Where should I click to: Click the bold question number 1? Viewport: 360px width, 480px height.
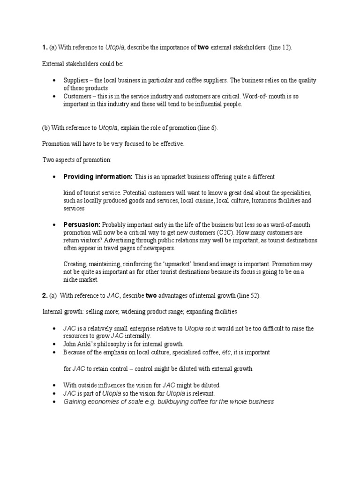45,48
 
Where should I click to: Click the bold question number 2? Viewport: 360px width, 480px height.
45,296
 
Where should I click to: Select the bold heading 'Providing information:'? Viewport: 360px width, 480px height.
98,177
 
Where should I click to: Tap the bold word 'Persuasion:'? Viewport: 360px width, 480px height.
82,225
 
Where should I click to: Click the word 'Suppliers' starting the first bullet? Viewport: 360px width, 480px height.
76,80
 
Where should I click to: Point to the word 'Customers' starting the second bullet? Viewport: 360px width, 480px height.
77,96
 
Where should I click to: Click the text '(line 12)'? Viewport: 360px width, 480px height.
280,48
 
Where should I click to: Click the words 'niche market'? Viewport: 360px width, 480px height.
81,280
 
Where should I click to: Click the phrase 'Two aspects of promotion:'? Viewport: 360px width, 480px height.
77,160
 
